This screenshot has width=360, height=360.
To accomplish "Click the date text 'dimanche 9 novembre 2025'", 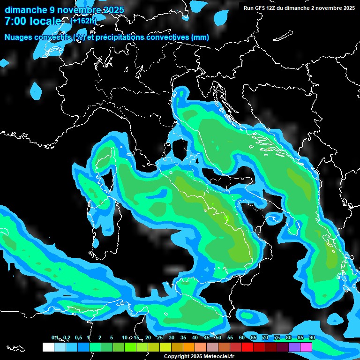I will coord(64,10).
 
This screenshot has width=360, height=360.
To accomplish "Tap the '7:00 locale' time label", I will coord(33,21).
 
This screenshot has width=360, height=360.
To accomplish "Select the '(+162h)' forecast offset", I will coord(83,21).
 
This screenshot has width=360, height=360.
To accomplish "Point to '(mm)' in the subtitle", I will coord(200,37).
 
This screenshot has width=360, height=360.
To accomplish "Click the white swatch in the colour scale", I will coord(48,347).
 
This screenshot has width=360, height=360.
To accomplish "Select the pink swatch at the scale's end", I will coord(306,347).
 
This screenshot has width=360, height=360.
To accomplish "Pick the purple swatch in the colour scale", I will coord(294,347).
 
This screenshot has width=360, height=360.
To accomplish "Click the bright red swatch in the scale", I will coord(247,347).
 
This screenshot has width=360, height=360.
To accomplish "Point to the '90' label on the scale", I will coord(312,337).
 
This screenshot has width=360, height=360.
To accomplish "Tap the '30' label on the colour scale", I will coord(172,337).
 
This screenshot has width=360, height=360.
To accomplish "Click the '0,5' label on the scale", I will coord(78,337).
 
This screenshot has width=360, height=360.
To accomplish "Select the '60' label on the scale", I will coord(242,337).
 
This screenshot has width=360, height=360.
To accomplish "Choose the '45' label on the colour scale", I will coord(207,337).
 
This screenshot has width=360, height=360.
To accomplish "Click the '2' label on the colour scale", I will coord(100,337).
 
